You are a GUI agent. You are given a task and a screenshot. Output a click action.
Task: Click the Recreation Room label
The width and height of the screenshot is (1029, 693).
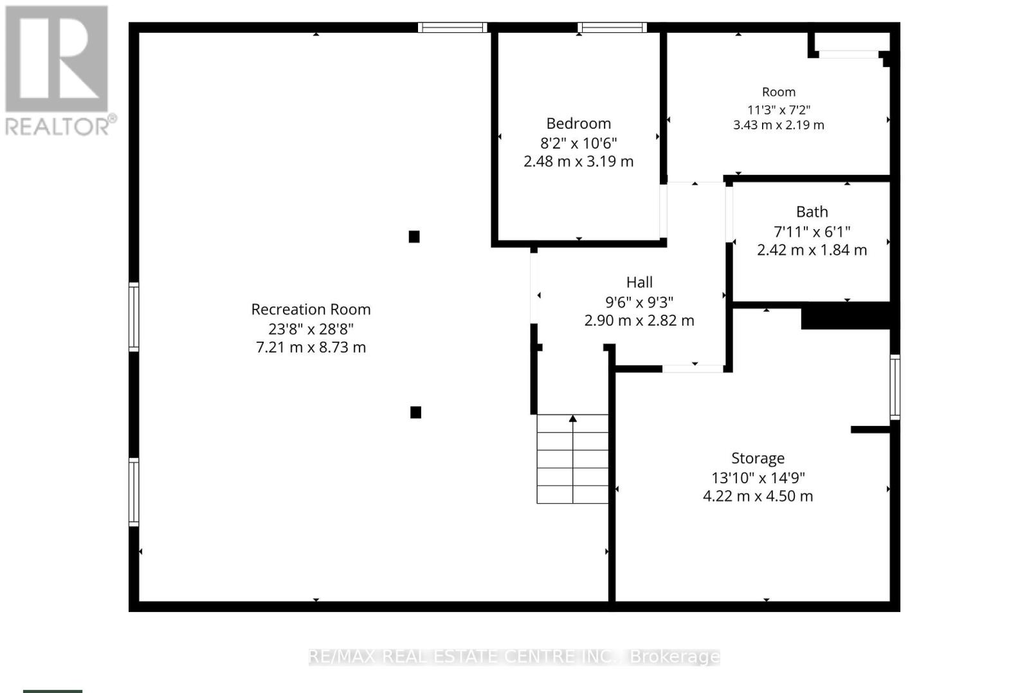[x=311, y=310]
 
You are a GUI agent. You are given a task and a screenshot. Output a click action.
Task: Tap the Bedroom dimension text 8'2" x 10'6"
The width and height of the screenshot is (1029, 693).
[x=578, y=143]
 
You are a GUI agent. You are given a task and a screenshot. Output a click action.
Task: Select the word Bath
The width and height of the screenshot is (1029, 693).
[x=812, y=212]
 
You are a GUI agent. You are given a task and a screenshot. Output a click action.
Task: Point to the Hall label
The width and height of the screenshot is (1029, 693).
[x=639, y=282]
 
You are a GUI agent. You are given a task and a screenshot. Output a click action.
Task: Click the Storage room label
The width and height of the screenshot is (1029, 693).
[x=758, y=458]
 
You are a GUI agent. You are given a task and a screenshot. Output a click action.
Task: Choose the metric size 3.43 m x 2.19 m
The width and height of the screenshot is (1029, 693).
[x=778, y=125]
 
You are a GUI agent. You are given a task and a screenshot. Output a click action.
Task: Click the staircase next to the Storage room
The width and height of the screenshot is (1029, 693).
[x=572, y=459]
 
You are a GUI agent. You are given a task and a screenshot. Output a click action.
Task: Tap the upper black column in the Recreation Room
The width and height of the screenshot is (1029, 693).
[x=414, y=237]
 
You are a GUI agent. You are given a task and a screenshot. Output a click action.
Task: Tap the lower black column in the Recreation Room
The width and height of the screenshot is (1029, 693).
[x=415, y=412]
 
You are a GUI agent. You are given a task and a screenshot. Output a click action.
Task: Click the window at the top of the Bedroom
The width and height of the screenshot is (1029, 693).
[x=612, y=28]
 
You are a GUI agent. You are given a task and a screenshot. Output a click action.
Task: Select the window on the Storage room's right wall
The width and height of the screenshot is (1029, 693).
[x=895, y=387]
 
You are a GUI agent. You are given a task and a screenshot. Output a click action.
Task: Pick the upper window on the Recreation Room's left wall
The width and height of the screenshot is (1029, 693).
[x=134, y=317]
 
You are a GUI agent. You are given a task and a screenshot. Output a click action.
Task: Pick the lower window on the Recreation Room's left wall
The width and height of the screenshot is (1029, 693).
[x=134, y=492]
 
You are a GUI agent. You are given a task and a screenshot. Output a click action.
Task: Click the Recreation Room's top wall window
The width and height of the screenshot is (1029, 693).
[x=452, y=28]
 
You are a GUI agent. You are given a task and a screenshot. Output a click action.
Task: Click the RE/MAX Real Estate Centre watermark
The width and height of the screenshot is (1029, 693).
[x=514, y=657]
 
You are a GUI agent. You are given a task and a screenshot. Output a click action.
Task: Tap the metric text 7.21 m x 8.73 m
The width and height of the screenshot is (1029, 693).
[x=311, y=347]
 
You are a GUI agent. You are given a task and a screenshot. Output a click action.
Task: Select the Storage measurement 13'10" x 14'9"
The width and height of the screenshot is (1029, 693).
[x=758, y=478]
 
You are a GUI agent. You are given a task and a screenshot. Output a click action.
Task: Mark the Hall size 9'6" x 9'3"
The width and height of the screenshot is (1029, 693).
[x=639, y=302]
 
